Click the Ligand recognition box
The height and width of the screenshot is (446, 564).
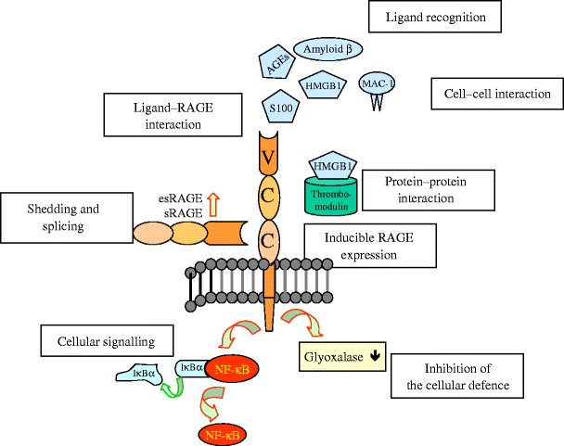tap(434, 18)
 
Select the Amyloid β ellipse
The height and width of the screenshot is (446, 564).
tap(327, 47)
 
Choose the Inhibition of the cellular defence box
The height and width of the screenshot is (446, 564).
tap(454, 377)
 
